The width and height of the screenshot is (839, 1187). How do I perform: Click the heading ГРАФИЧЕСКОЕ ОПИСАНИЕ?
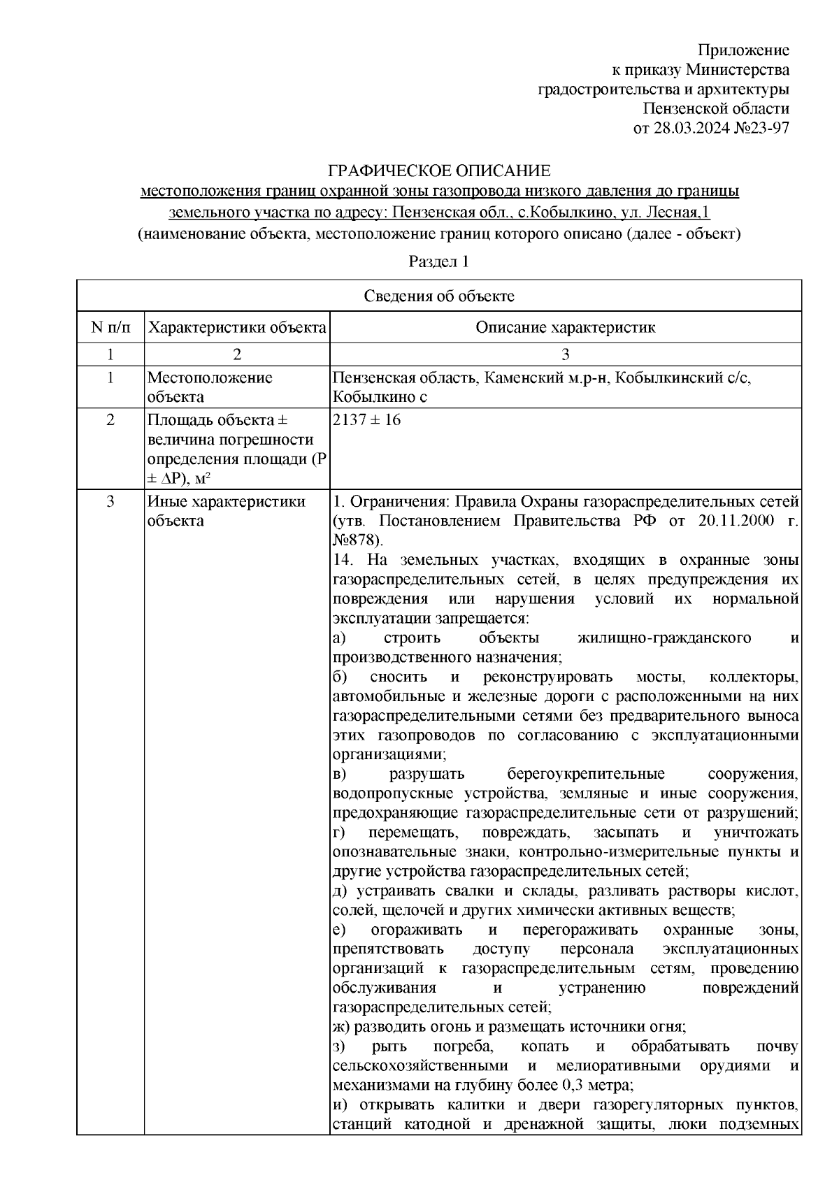click(440, 171)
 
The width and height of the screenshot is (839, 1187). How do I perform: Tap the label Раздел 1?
click(438, 262)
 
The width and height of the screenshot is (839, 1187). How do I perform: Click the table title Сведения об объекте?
click(439, 296)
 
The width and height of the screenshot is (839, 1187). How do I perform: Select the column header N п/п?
click(110, 327)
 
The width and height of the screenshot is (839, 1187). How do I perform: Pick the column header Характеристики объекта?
click(238, 327)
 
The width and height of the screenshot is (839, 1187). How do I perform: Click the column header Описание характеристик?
click(565, 327)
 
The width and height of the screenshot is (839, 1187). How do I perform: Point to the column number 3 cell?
click(565, 354)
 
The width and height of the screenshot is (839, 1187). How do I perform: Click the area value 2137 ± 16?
click(366, 421)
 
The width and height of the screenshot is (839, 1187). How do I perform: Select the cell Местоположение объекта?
click(210, 387)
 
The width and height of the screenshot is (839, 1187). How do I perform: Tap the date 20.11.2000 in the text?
click(733, 521)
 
